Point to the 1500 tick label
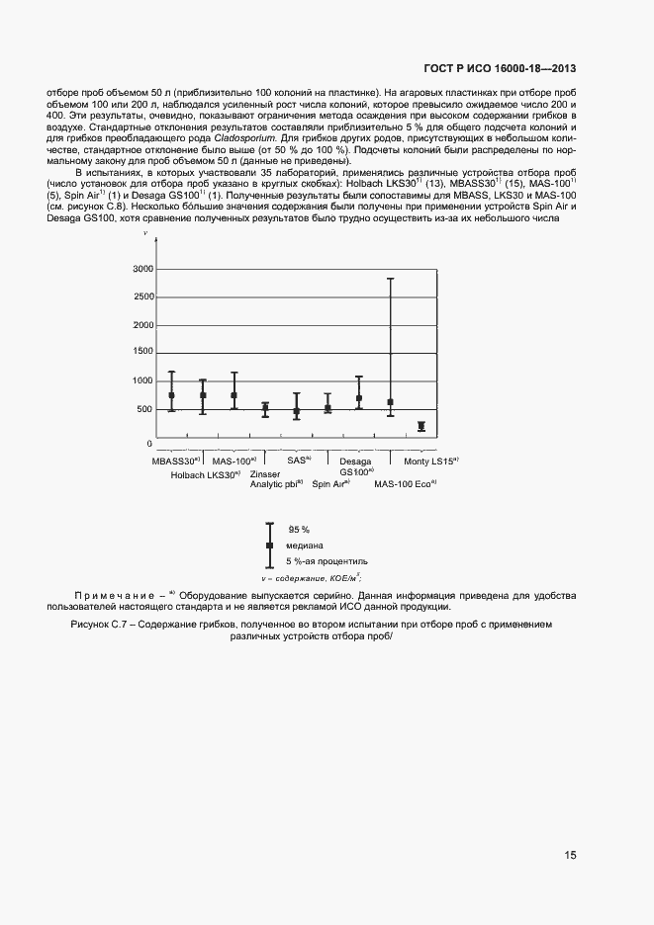coord(141,353)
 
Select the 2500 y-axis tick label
coord(141,296)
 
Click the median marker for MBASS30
coord(171,395)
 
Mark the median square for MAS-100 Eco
coord(391,402)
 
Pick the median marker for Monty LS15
coord(421,426)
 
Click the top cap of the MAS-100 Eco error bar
coord(391,279)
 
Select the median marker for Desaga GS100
coord(359,398)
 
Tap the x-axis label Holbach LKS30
coord(206,475)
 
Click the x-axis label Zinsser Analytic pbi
coord(276,479)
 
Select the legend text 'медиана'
coord(305,546)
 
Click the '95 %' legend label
coord(298,530)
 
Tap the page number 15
coord(571,856)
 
